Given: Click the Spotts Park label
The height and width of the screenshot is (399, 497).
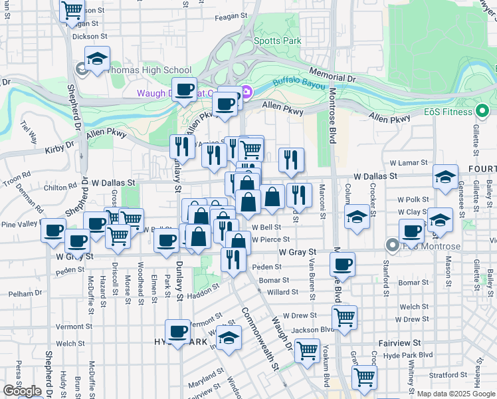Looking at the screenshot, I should click(x=277, y=41).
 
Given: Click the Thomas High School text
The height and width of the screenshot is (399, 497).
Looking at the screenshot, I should click(x=149, y=70).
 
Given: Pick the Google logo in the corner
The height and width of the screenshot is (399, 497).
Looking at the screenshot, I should click(x=22, y=391).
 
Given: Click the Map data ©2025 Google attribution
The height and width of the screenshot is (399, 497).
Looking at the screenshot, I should click(x=456, y=394).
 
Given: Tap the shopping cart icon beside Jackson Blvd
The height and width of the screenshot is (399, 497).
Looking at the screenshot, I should click(x=344, y=317).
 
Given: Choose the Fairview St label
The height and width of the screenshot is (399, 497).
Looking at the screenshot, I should click(x=400, y=342).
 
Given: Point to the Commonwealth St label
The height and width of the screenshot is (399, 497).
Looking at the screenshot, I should click(x=260, y=338).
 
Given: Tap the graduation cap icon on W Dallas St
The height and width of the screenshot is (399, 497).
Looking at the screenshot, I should click(x=445, y=177).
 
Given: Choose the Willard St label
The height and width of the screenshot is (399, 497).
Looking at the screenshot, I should click(x=282, y=292).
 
